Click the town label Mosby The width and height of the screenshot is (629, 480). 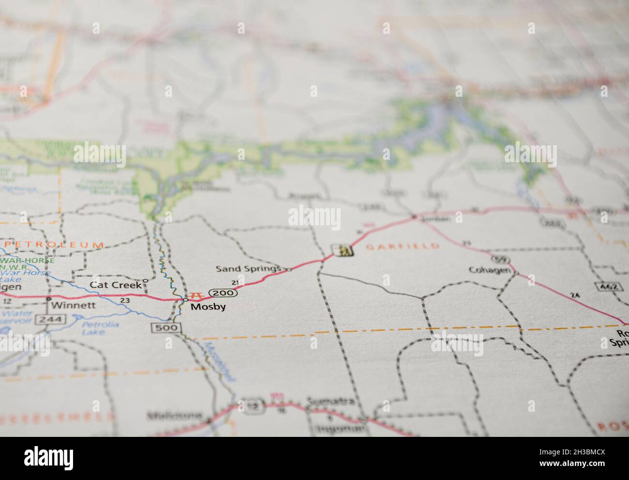coord(208,307)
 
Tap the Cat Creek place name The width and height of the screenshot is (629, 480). coord(116,285)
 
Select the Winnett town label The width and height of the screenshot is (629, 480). coord(73,306)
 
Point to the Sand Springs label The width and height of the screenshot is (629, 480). coord(248,268)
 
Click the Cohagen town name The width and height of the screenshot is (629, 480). coord(490,270)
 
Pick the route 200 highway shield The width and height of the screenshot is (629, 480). coord(224,293)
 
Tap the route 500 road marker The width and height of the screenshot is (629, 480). coord(166,328)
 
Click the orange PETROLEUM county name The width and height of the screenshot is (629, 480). coord(53,245)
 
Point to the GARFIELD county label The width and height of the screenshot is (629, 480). coord(402,247)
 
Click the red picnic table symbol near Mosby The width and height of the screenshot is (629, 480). coord(196,294)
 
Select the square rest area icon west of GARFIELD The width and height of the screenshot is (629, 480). coord(343,250)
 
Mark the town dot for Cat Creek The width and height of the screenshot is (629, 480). coord(145,280)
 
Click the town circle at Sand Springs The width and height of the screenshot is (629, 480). coord(288,269)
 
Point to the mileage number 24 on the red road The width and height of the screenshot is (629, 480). coord(574,295)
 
